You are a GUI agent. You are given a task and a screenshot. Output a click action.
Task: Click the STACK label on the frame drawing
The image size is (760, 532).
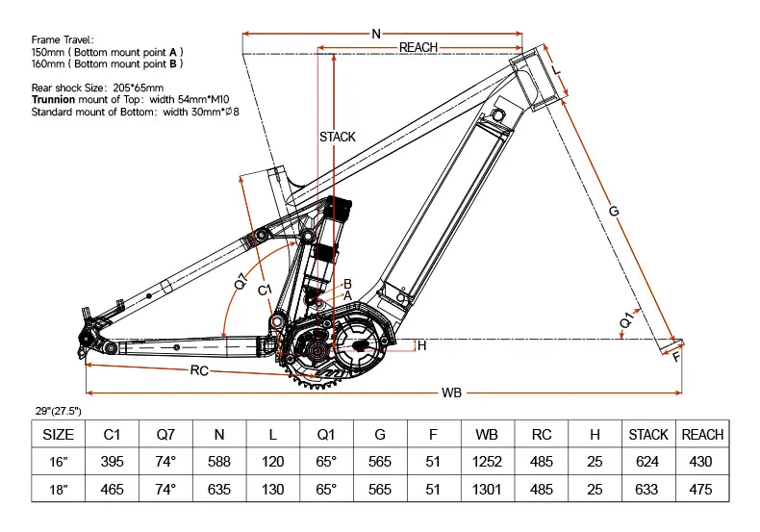[337, 137]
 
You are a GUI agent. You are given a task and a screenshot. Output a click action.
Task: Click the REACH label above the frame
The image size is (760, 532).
[418, 47]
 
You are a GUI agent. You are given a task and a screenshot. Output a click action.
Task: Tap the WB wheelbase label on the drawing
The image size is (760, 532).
[451, 393]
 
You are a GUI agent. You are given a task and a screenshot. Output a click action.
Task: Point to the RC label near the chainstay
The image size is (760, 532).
[200, 370]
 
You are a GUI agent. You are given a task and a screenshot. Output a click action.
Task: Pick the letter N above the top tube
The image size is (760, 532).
[375, 34]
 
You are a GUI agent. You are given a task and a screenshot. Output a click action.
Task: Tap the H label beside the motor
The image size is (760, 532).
[421, 345]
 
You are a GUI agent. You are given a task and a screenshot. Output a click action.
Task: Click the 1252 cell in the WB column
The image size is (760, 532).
[488, 462]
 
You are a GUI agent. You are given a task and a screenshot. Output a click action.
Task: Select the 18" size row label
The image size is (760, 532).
[59, 490]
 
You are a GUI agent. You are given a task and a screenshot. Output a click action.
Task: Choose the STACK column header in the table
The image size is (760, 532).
[648, 435]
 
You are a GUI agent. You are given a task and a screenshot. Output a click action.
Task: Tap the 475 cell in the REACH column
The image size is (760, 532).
[702, 490]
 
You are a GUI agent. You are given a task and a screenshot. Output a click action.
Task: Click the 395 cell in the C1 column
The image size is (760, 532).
[113, 462]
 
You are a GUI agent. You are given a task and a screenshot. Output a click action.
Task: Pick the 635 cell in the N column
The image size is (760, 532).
[219, 490]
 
